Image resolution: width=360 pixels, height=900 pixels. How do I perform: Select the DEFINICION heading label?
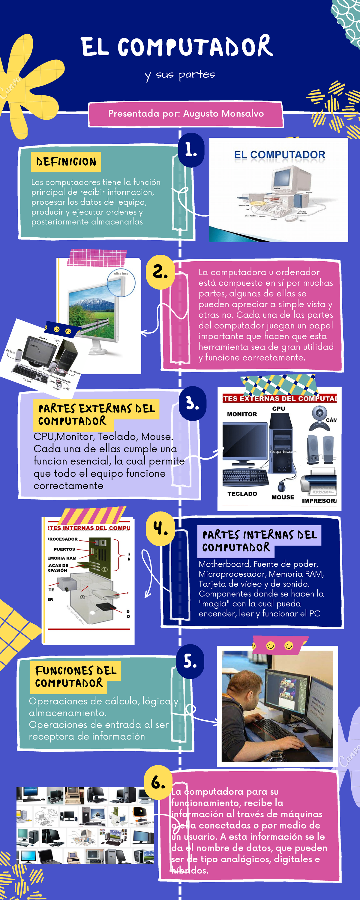click(x=66, y=162)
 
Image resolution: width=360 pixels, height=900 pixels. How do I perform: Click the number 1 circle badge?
click(x=191, y=150)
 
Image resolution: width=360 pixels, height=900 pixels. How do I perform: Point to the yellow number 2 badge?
click(x=160, y=272)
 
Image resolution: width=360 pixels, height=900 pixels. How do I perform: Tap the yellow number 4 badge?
click(x=160, y=528)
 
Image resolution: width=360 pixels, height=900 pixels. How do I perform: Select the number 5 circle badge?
click(x=190, y=661)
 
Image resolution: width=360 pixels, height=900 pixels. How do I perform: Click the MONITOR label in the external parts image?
click(x=242, y=414)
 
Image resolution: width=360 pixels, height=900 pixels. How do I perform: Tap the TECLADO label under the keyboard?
click(x=242, y=494)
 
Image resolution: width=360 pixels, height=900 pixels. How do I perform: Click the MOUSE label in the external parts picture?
click(x=283, y=497)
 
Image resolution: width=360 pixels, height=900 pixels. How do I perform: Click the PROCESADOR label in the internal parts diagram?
click(x=63, y=539)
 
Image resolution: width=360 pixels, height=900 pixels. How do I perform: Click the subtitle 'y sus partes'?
click(x=180, y=75)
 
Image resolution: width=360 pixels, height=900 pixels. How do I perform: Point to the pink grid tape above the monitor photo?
click(x=97, y=257)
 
